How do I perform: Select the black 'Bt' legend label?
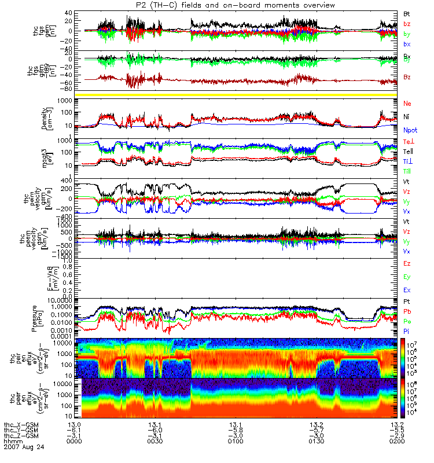407,13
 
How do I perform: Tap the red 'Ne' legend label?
407,104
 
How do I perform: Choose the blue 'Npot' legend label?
410,131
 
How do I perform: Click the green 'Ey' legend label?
407,276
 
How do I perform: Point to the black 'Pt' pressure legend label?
407,303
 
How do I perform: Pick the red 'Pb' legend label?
407,312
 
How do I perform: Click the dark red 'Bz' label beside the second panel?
407,77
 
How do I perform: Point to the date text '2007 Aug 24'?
24,447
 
